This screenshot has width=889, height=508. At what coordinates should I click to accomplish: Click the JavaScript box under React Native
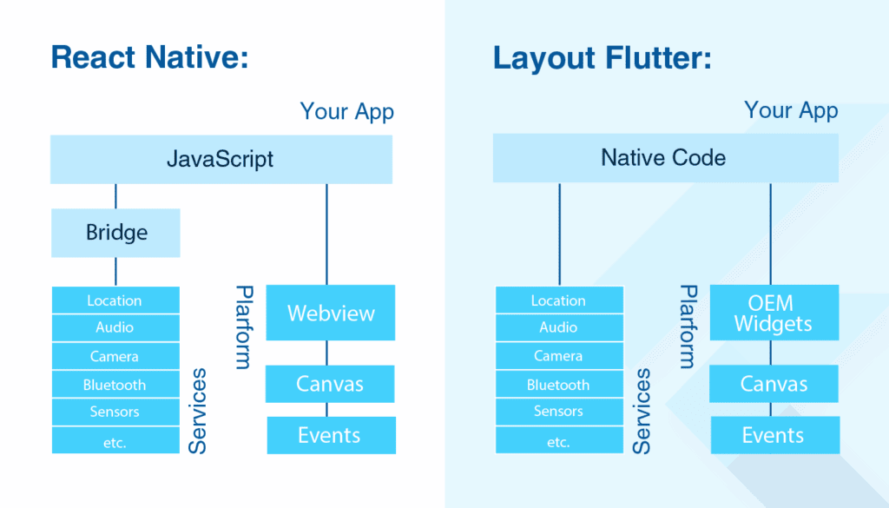coord(221,159)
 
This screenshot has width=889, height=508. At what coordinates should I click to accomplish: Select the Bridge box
coord(115,233)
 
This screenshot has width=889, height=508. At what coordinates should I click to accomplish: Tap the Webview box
coord(330,313)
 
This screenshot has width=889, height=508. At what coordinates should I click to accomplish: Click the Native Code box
coord(665,158)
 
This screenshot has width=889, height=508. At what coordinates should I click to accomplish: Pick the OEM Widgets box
coord(773,313)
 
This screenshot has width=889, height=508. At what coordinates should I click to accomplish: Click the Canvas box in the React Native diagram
coord(330,384)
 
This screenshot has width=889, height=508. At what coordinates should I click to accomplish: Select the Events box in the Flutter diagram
coord(774,435)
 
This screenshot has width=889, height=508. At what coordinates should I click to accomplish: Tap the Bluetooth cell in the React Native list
coord(115,385)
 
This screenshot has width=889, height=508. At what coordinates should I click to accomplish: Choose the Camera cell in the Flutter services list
coord(559,356)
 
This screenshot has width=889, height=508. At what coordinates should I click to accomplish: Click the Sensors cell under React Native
coord(115,412)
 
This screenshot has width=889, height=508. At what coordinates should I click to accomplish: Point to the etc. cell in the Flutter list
coord(559,442)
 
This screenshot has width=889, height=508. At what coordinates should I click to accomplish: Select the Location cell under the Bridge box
coord(115,300)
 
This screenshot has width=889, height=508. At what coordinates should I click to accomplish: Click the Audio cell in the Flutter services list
coord(559,327)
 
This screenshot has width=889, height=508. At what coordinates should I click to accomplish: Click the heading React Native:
coord(149,57)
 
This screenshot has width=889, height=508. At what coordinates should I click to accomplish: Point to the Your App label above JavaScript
coord(346,112)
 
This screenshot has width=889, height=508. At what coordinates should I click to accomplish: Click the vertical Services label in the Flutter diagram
coord(642,411)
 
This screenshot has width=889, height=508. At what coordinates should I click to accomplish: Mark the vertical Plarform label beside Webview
coord(244,327)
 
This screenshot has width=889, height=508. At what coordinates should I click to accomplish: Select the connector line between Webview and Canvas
coord(326,353)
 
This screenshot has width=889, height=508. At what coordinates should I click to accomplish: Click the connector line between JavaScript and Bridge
coord(115,195)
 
